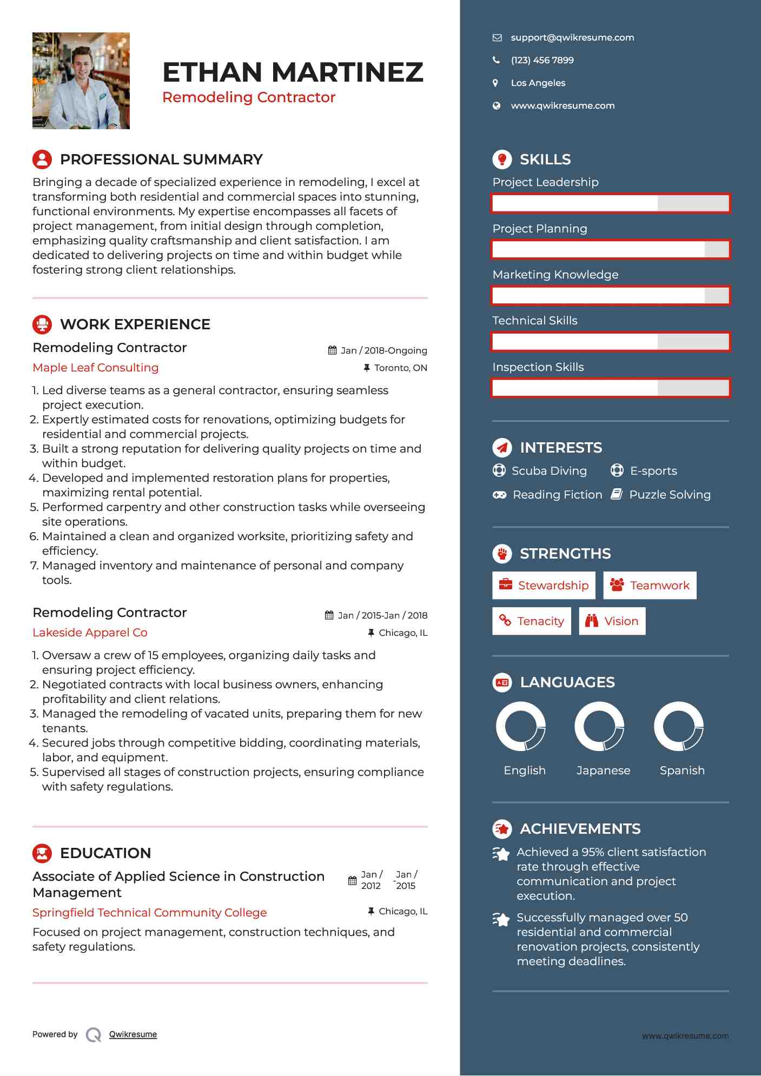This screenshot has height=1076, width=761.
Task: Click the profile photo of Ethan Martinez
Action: pyautogui.click(x=81, y=81)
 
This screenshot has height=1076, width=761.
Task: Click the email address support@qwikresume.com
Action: pyautogui.click(x=572, y=37)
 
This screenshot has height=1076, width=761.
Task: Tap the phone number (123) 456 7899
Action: pyautogui.click(x=542, y=60)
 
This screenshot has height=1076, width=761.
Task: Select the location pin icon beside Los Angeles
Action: pyautogui.click(x=495, y=83)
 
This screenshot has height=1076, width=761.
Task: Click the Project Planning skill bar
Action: pyautogui.click(x=611, y=249)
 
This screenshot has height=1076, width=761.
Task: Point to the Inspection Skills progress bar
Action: pyautogui.click(x=611, y=388)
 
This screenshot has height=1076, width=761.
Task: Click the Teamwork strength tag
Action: pyautogui.click(x=650, y=585)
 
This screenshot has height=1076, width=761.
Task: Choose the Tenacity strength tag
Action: pyautogui.click(x=531, y=621)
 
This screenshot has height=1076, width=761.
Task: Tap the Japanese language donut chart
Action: pyautogui.click(x=599, y=726)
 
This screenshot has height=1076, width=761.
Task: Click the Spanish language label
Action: pyautogui.click(x=681, y=770)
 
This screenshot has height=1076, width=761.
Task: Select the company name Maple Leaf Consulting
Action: pyautogui.click(x=96, y=368)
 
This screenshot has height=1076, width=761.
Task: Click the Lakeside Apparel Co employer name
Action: pyautogui.click(x=90, y=633)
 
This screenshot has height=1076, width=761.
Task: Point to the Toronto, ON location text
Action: pyautogui.click(x=400, y=368)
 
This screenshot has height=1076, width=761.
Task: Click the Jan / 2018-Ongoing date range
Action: pyautogui.click(x=383, y=350)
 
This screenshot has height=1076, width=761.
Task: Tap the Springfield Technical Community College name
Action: pyautogui.click(x=150, y=913)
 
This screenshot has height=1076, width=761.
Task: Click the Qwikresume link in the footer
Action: pyautogui.click(x=133, y=1034)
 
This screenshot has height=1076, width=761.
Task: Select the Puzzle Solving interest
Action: pyautogui.click(x=669, y=494)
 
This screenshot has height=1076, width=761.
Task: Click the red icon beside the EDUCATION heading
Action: pyautogui.click(x=42, y=853)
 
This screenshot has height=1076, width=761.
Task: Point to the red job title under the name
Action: pyautogui.click(x=249, y=97)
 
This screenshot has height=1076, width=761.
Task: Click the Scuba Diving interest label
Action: pyautogui.click(x=548, y=470)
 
